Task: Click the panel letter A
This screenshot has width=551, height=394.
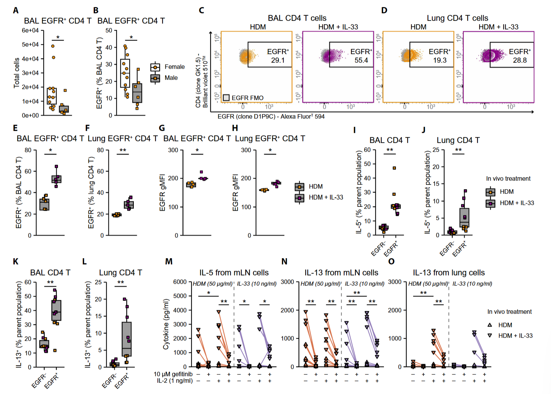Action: (x=15, y=10)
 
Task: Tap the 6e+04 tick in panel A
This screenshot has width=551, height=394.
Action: (x=30, y=31)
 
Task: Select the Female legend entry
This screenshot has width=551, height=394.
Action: (x=174, y=67)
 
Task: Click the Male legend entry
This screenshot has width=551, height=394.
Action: (x=171, y=78)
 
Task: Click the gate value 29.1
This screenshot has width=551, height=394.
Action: (x=278, y=60)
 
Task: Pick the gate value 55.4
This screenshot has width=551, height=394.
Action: (x=361, y=60)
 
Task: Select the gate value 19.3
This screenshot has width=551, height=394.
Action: (x=439, y=60)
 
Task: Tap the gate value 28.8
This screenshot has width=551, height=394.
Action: (x=519, y=60)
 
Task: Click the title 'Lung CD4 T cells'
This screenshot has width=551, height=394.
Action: (x=457, y=18)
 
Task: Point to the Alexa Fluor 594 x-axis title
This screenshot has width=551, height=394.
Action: (x=271, y=117)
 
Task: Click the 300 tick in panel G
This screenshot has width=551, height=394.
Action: (x=173, y=150)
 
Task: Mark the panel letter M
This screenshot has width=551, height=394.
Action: (x=169, y=262)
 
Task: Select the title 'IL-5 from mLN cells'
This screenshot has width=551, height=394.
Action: (x=234, y=273)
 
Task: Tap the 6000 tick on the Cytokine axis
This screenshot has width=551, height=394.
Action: (x=180, y=282)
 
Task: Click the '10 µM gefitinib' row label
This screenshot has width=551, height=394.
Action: (x=173, y=374)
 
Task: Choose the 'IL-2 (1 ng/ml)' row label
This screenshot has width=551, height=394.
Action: (x=175, y=381)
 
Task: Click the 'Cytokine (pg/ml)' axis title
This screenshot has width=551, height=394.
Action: (x=166, y=324)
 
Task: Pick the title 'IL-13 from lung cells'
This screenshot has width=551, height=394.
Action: (x=448, y=273)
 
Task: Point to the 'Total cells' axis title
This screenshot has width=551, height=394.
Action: (x=16, y=73)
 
